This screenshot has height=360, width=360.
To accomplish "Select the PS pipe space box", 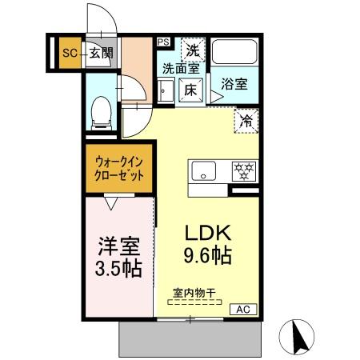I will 163,42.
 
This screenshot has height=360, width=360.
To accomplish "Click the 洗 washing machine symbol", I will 193,50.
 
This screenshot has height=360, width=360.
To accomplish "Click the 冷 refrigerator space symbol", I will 246,121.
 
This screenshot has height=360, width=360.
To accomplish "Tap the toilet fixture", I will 102,113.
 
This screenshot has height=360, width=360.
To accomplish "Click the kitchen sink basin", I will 204,170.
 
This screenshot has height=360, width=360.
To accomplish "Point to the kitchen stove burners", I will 243,170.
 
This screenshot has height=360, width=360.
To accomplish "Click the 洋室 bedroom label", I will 118,242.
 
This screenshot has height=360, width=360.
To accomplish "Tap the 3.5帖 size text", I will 118,267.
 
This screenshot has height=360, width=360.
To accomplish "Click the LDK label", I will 209,233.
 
